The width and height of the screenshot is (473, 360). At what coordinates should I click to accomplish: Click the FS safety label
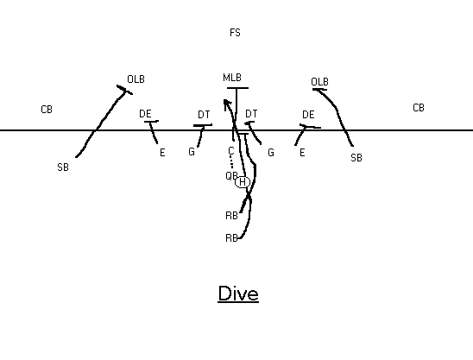[235, 33]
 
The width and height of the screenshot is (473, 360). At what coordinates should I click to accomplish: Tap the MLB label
[232, 78]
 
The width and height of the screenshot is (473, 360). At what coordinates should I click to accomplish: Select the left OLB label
[136, 79]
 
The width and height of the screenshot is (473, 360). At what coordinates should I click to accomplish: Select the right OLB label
[319, 82]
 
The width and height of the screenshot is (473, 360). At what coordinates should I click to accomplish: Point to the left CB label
[47, 110]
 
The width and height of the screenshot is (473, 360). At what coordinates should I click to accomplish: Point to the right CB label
[419, 108]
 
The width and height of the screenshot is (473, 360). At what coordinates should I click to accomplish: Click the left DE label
[145, 114]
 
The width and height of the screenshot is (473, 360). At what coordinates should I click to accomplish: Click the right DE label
[308, 115]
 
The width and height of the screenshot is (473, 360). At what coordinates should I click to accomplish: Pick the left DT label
[204, 115]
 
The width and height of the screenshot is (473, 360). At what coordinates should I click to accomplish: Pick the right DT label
[251, 114]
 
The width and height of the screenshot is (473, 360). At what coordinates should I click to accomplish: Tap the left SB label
[63, 167]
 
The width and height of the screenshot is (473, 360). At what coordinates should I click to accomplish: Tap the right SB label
[356, 158]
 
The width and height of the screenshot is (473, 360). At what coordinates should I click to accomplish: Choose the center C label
[231, 150]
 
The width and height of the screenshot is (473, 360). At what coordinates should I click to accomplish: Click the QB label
[231, 175]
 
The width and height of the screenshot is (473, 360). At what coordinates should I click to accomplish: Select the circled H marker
[243, 182]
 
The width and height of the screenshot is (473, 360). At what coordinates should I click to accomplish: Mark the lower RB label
[231, 238]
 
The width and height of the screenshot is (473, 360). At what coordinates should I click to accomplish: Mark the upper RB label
[231, 216]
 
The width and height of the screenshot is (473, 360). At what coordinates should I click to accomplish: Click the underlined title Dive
[238, 294]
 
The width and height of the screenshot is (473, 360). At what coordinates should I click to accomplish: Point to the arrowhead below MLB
[226, 103]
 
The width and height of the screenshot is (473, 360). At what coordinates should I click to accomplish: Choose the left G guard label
[192, 151]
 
